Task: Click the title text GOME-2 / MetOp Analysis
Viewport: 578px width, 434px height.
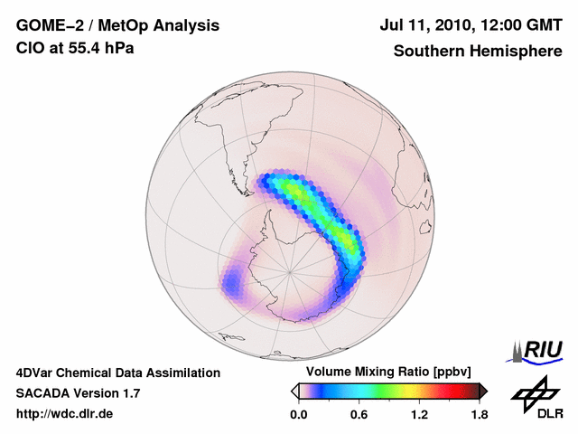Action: pos(117,25)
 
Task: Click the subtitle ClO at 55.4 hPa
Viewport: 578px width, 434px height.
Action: pos(75,48)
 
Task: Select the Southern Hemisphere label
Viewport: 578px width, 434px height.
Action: pos(478,52)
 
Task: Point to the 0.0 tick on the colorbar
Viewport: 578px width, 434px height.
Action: pos(298,415)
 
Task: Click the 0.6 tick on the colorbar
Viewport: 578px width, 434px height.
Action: pos(359,415)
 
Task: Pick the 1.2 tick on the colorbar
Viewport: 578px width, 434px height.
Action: pos(419,415)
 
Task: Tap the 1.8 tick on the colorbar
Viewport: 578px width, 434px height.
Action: pos(480,415)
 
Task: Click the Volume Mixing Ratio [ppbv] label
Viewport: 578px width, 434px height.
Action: pos(388,372)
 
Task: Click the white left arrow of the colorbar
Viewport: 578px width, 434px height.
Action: pos(294,391)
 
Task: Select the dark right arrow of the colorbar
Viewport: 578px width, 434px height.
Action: pos(483,391)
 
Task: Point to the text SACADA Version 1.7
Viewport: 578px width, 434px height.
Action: pos(78,393)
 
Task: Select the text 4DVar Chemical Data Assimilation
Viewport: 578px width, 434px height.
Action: pos(118,373)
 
